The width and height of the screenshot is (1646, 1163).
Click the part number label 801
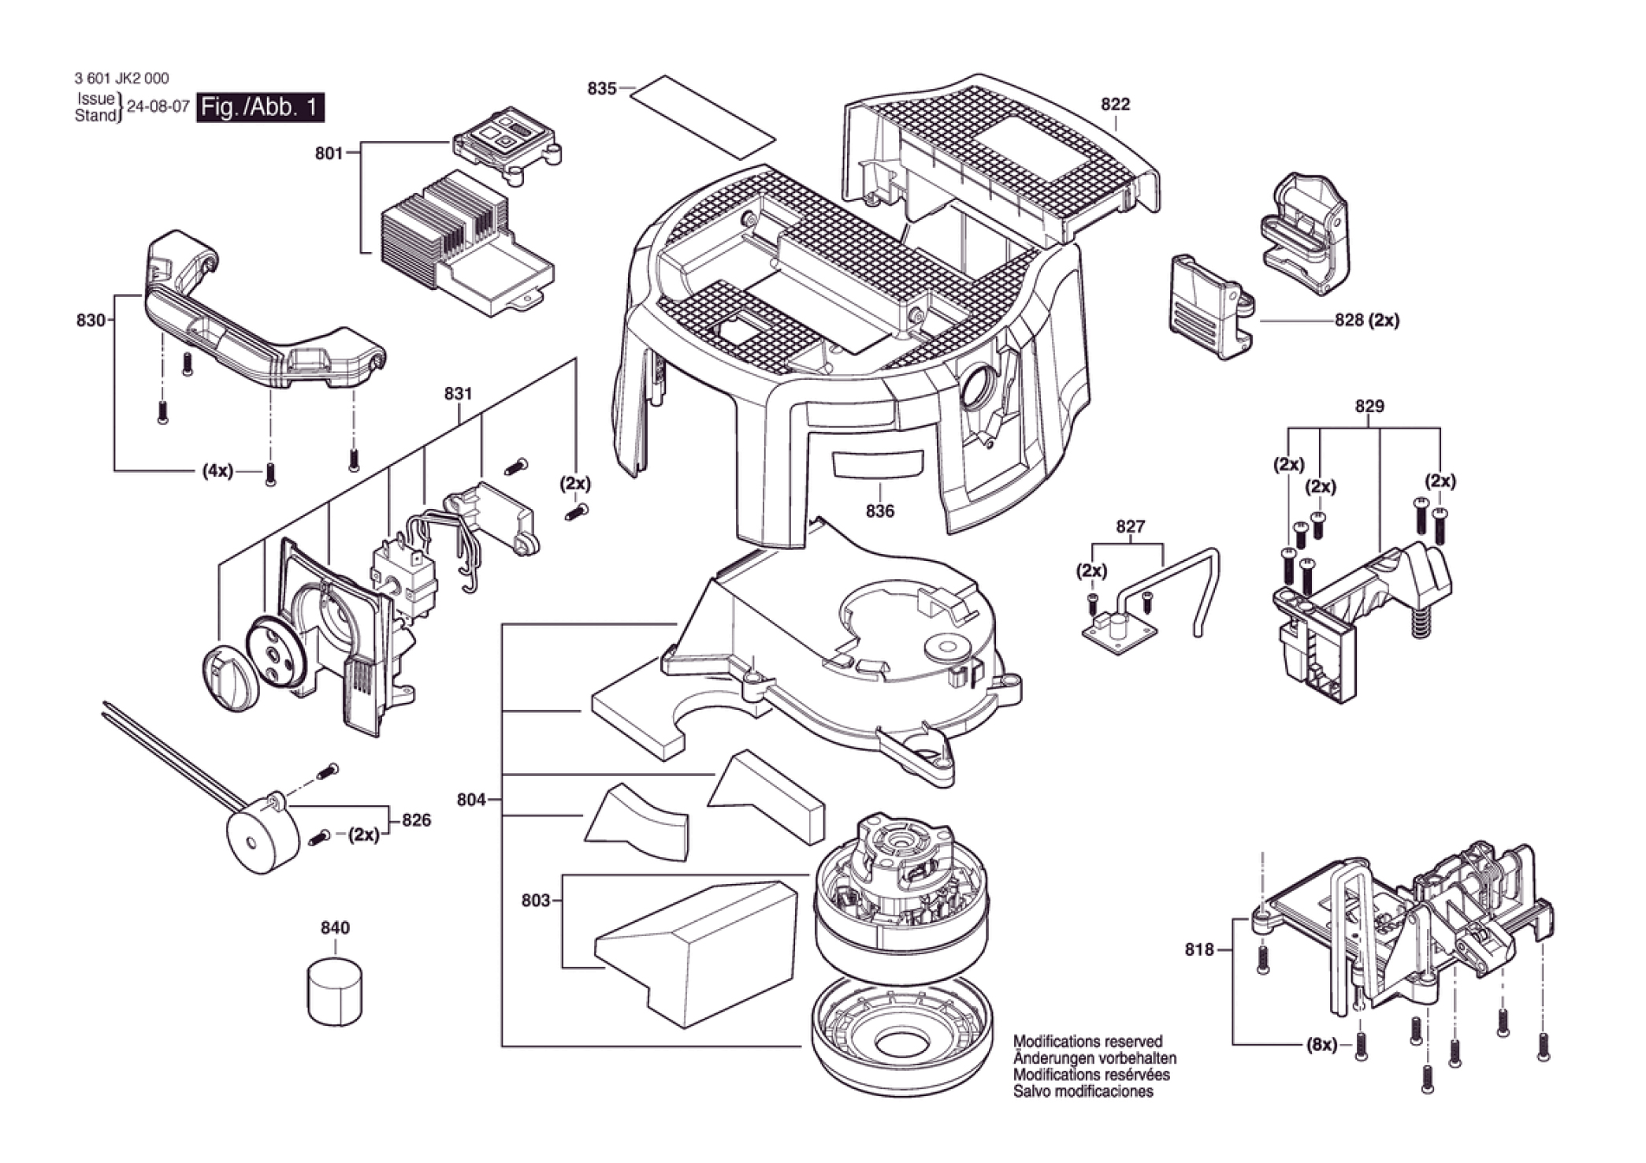[x=329, y=153]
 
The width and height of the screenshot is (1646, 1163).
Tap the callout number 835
[x=601, y=88]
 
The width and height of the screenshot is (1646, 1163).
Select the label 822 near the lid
[x=1115, y=104]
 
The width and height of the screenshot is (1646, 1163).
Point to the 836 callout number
[x=879, y=511]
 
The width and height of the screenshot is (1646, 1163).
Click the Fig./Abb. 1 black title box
[x=261, y=106]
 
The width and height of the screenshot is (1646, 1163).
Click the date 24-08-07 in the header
[x=158, y=107]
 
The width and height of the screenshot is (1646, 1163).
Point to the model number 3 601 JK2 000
[x=121, y=78]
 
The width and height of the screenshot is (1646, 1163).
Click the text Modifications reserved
[x=1087, y=1041]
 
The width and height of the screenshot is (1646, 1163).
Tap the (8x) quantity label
[x=1321, y=1045]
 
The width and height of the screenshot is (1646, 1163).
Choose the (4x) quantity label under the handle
[x=217, y=471]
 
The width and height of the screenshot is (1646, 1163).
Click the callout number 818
[x=1199, y=949]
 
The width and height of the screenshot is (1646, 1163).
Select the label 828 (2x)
[x=1367, y=321]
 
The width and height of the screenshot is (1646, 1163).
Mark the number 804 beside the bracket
[x=471, y=800]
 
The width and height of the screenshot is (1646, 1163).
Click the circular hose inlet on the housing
[x=979, y=389]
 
